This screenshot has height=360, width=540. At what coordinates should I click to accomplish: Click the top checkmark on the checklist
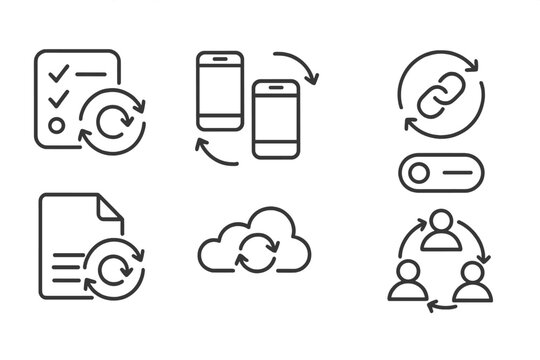pyautogui.click(x=57, y=72)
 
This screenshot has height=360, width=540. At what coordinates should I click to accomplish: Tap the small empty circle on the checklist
pyautogui.click(x=57, y=126)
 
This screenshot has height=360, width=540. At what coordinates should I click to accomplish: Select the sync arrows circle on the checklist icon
pyautogui.click(x=112, y=121)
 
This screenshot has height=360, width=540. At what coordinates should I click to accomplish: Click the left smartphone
pyautogui.click(x=220, y=91)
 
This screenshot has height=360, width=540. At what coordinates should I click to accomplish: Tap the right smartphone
pyautogui.click(x=276, y=119)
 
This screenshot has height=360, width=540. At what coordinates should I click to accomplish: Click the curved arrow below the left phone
pyautogui.click(x=214, y=153)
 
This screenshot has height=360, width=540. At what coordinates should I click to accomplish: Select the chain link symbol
pyautogui.click(x=440, y=94)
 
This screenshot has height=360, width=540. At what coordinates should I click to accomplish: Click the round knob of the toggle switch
pyautogui.click(x=419, y=174)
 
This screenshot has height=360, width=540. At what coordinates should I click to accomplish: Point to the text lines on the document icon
pyautogui.click(x=66, y=264)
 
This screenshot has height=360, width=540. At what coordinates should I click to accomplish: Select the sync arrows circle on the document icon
pyautogui.click(x=113, y=267)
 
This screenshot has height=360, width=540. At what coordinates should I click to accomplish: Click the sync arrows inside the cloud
pyautogui.click(x=256, y=251)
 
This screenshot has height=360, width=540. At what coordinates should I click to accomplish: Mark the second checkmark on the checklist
pyautogui.click(x=57, y=98)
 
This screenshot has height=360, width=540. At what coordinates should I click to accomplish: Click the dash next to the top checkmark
pyautogui.click(x=91, y=74)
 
